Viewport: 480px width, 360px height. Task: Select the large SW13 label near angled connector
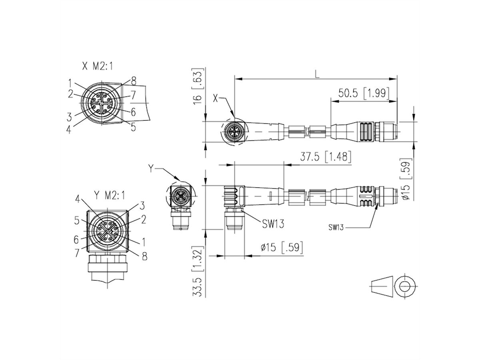pyautogui.click(x=273, y=224)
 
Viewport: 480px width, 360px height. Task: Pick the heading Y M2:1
pyautogui.click(x=110, y=195)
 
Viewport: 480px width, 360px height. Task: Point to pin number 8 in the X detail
pyautogui.click(x=133, y=80)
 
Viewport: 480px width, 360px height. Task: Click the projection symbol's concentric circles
pyautogui.click(x=404, y=286)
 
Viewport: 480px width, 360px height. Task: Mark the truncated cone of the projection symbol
pyautogui.click(x=381, y=286)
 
